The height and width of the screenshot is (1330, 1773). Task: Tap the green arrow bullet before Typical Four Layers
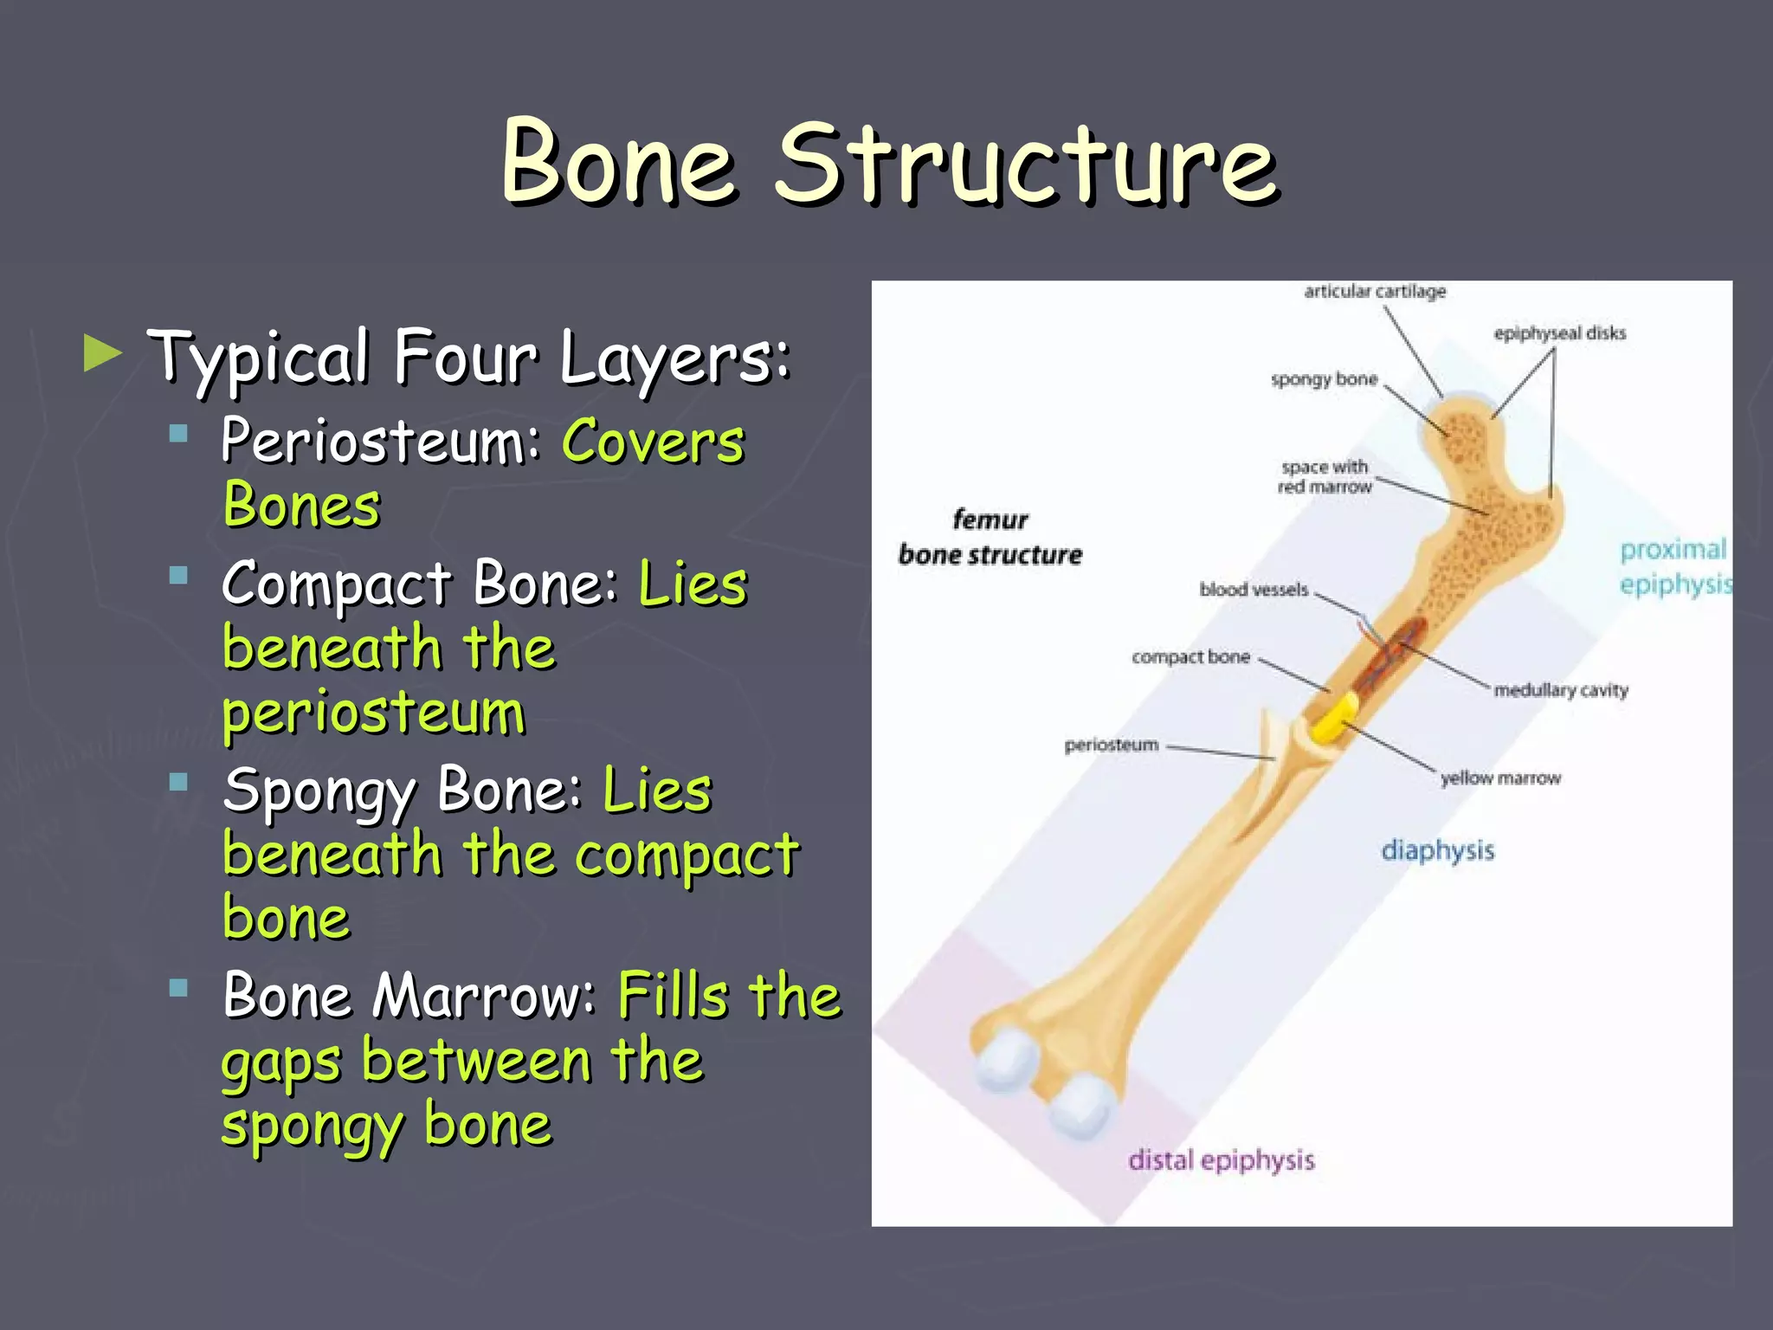point(103,354)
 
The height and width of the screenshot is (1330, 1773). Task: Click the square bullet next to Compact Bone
point(179,575)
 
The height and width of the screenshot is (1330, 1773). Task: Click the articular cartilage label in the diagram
point(1375,292)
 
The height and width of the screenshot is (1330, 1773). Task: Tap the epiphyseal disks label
point(1559,333)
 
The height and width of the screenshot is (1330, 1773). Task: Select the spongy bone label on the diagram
point(1324,379)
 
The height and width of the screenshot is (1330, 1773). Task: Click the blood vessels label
point(1254,590)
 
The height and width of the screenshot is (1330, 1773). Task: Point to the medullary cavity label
point(1561,690)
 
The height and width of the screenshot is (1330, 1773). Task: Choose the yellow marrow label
point(1500,778)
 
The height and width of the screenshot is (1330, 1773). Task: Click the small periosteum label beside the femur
point(1111,745)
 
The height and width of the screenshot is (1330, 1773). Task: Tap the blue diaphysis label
point(1437,850)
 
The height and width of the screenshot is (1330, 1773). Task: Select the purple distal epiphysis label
point(1221,1160)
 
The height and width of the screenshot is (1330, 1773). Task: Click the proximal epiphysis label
point(1673,567)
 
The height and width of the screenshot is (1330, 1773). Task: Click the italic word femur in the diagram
point(990,520)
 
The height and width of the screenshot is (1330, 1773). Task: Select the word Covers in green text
point(654,442)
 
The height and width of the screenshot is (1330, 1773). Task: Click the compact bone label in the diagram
point(1190,657)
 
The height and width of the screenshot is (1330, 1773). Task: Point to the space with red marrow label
point(1325,477)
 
